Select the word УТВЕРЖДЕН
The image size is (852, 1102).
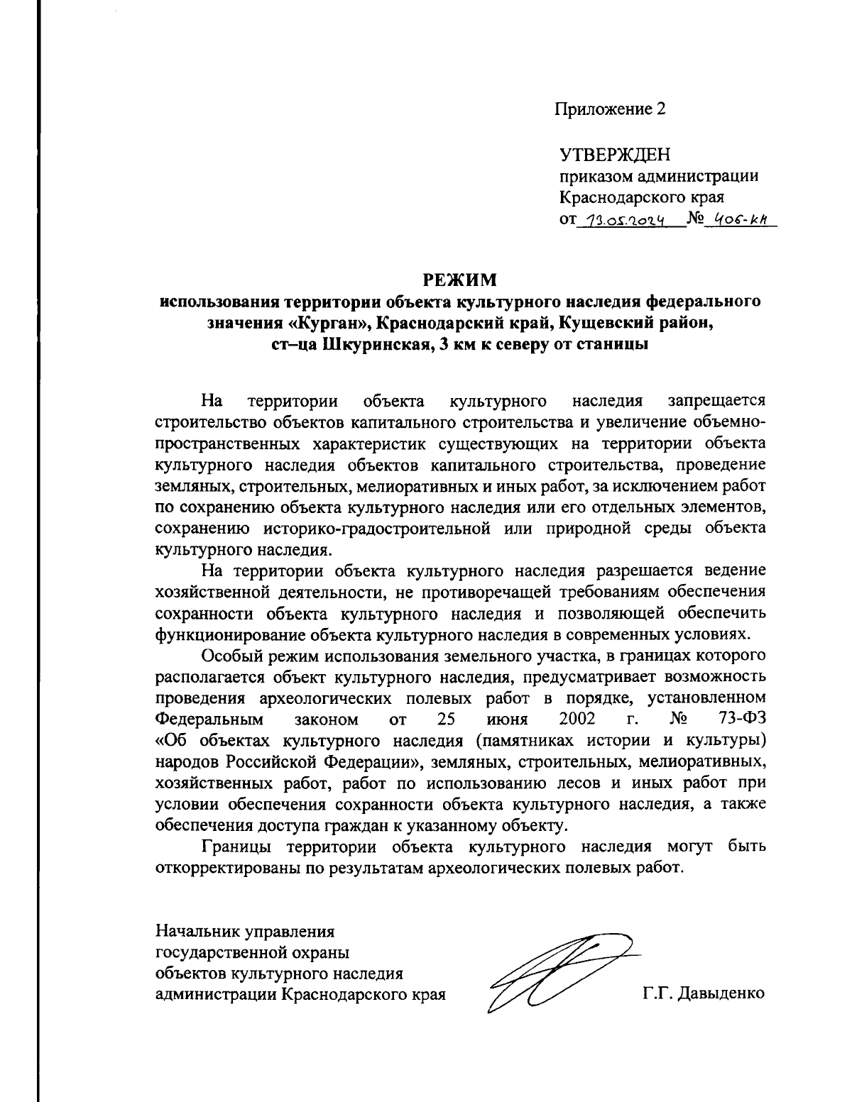[615, 155]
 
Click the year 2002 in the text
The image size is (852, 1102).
[577, 719]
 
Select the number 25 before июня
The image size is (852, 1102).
[446, 719]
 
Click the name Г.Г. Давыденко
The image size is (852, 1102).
[704, 993]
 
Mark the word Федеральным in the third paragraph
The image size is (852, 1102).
[209, 719]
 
